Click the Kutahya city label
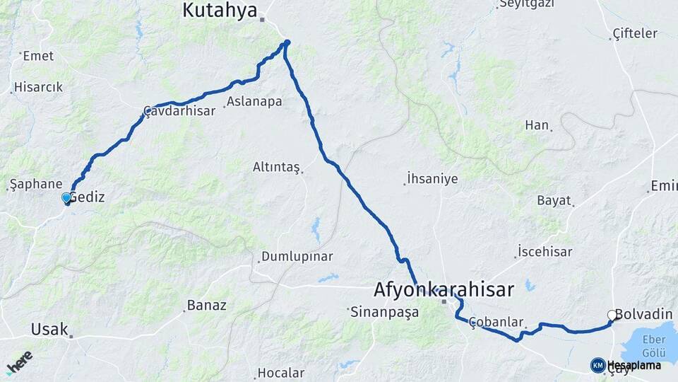tap(219, 10)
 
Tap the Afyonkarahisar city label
tap(444, 289)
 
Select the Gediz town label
tap(88, 197)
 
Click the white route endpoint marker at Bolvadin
tap(612, 315)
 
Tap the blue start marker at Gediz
tap(66, 198)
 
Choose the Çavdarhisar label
tap(179, 111)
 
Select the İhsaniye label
tap(432, 179)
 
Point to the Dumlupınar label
tap(297, 256)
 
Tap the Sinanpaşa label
tap(386, 311)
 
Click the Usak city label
tap(49, 329)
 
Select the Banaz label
tap(206, 306)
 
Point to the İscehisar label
tap(545, 252)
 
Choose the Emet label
tap(38, 56)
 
